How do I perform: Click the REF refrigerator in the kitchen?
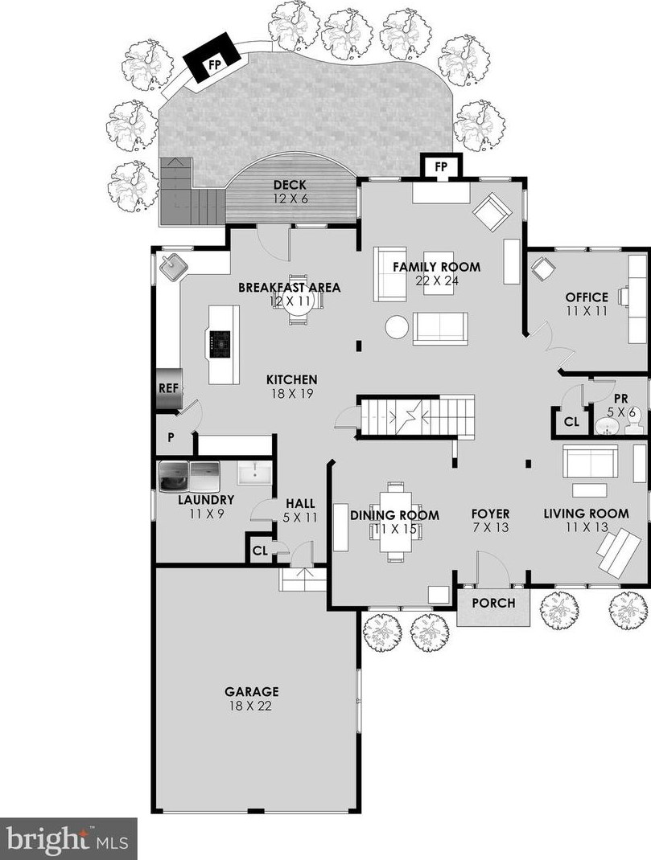[168, 388]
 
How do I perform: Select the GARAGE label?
[251, 692]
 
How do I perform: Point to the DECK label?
[290, 186]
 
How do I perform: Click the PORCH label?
[493, 603]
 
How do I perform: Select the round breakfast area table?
[297, 309]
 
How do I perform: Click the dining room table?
[395, 521]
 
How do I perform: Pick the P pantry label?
[171, 438]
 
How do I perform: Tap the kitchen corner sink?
[174, 267]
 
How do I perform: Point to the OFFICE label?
[587, 297]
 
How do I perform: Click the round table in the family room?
[397, 327]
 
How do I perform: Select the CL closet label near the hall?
[260, 550]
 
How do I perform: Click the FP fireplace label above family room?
[441, 166]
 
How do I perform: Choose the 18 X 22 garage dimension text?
[250, 706]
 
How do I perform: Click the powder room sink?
[607, 426]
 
